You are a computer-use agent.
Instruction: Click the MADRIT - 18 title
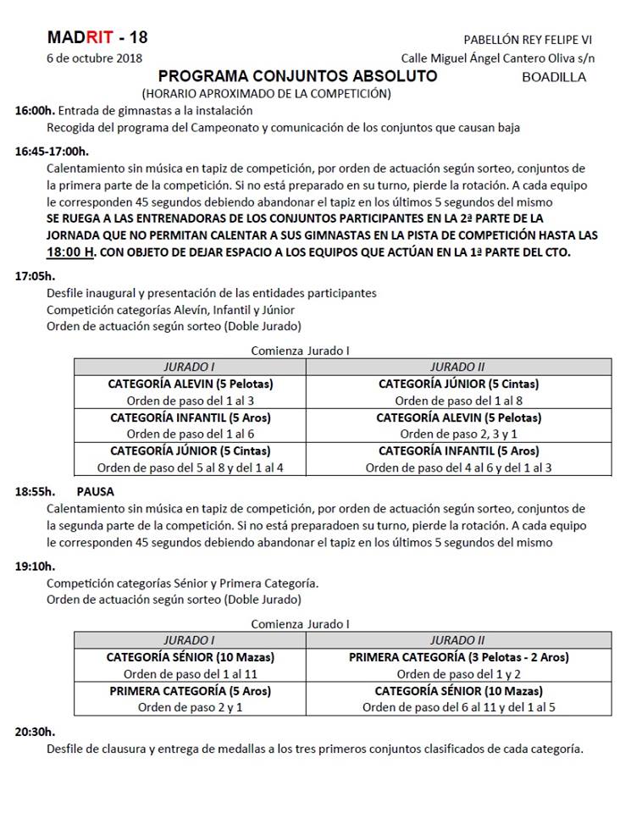(97, 37)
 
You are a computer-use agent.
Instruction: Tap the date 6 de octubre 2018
(94, 58)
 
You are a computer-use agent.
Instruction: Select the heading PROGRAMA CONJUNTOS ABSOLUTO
(298, 76)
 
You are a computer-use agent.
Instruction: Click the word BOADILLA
(555, 77)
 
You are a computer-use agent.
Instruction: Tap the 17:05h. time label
(35, 276)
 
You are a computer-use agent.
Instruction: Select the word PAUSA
(95, 491)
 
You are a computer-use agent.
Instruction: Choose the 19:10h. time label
(35, 566)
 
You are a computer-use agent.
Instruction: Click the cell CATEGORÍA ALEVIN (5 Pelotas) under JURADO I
(191, 384)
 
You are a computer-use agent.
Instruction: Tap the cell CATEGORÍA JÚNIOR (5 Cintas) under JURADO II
(458, 384)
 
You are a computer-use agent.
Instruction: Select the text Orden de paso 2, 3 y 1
(458, 434)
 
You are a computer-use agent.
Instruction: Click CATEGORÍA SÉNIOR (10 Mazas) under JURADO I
(191, 657)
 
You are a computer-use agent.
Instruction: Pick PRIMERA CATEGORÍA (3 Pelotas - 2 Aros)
(458, 657)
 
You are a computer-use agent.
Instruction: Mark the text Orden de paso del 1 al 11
(191, 674)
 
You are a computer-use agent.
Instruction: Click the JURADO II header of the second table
(458, 640)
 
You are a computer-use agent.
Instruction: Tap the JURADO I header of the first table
(191, 367)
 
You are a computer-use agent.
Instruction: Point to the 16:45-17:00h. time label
(52, 152)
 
